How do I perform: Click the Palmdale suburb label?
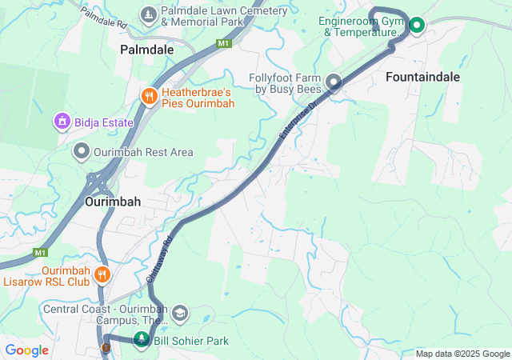(x=147, y=50)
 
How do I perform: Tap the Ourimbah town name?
(x=113, y=202)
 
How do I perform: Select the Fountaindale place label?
(x=422, y=77)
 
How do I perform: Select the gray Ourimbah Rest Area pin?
(x=82, y=151)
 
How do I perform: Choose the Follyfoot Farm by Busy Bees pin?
(x=334, y=82)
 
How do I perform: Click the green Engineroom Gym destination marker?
(x=417, y=26)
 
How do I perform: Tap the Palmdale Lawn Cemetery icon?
(x=149, y=15)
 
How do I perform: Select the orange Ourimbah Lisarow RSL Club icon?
(x=102, y=276)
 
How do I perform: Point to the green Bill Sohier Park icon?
(x=142, y=341)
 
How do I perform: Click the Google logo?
(x=26, y=350)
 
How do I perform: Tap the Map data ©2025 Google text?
(x=462, y=354)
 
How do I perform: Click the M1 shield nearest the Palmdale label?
(x=224, y=43)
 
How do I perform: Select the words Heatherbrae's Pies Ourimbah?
(x=198, y=98)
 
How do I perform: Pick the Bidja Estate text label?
(x=103, y=123)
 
